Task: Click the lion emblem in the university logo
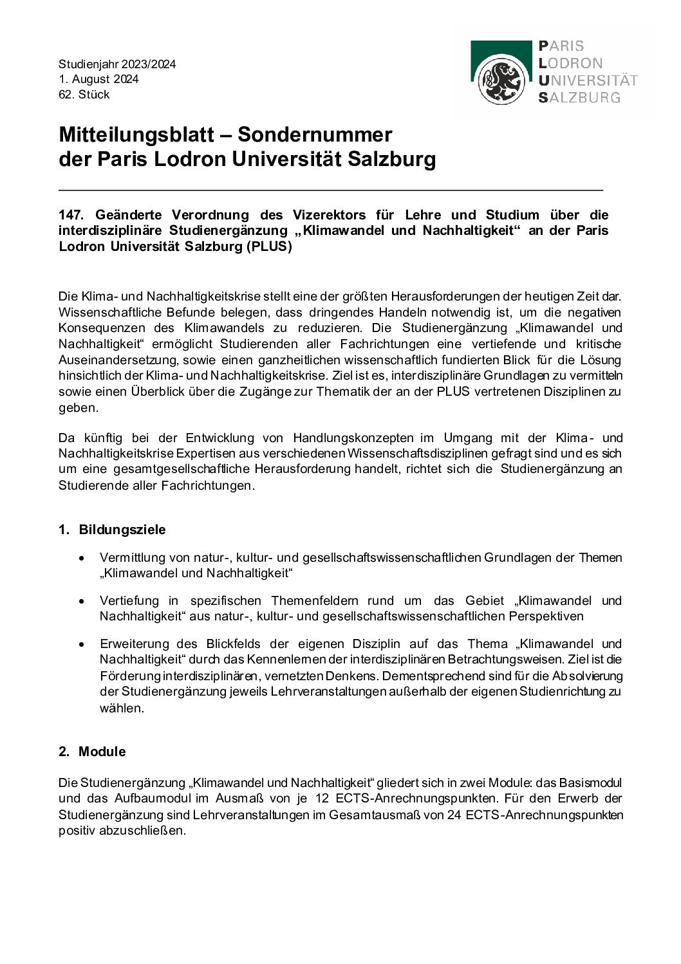(502, 82)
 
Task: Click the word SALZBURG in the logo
(579, 98)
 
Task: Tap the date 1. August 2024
(98, 79)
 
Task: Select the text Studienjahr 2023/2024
(117, 64)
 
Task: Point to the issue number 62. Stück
(84, 95)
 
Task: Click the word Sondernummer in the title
(315, 134)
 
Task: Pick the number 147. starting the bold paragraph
(71, 214)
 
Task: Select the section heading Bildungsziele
(122, 530)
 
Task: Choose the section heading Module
(102, 752)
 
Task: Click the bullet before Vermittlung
(81, 558)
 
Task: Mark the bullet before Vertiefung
(81, 601)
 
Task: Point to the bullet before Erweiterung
(81, 644)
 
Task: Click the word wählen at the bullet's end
(120, 708)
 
